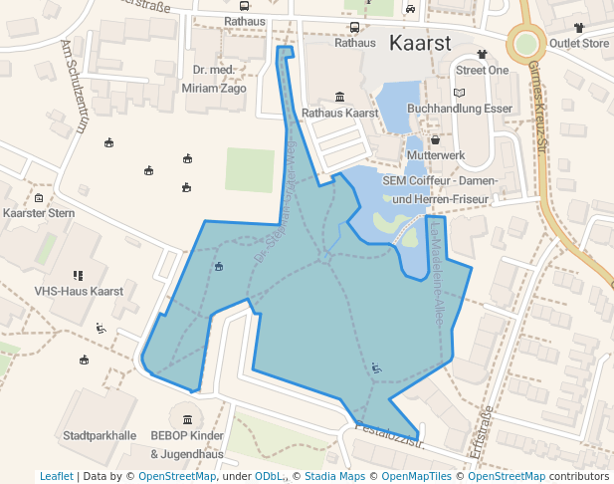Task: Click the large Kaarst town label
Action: tap(420, 43)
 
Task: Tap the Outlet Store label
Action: tap(579, 44)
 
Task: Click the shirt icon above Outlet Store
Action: tap(579, 27)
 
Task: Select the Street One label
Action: tap(483, 71)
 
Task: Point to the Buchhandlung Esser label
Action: tap(460, 108)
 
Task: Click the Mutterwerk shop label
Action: tap(436, 156)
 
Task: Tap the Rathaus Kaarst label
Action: tap(340, 114)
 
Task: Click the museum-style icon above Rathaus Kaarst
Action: tap(340, 97)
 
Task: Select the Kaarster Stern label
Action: tap(39, 214)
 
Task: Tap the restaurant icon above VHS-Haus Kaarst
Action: tap(78, 275)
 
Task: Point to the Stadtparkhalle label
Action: tap(99, 436)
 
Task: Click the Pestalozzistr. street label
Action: tap(382, 431)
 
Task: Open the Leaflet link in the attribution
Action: tap(57, 477)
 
